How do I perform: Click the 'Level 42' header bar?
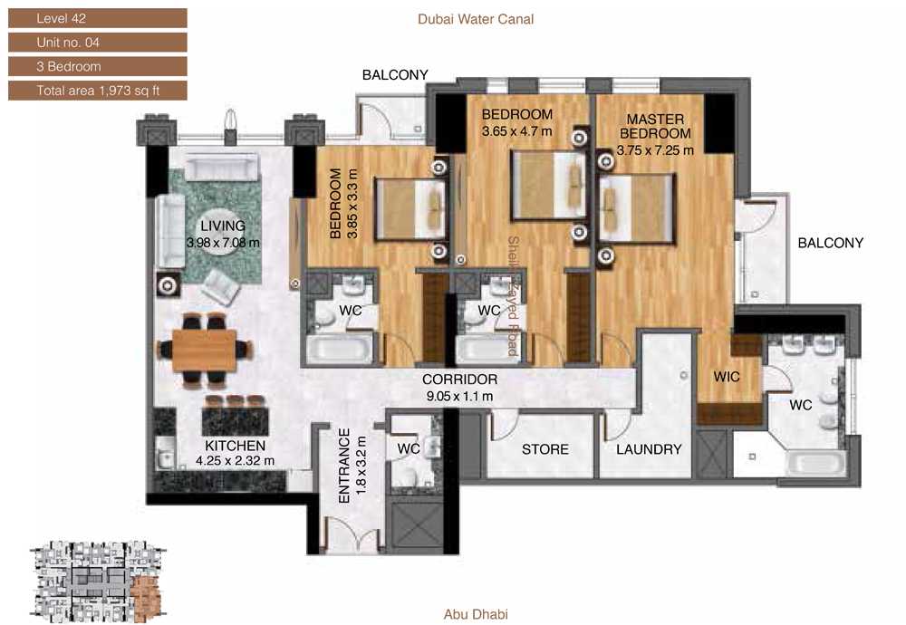[97, 18]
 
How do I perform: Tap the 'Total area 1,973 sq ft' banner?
[97, 91]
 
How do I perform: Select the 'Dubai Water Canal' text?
[476, 19]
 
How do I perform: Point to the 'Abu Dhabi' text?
[476, 614]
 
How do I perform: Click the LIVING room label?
[223, 226]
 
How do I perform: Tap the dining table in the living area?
[205, 350]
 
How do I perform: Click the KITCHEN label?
[236, 446]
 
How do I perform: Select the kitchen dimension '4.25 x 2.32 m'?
[236, 461]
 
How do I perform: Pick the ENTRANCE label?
[344, 466]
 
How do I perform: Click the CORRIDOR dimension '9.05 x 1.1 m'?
[460, 396]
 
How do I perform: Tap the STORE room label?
[545, 449]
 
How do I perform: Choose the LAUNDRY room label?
[649, 449]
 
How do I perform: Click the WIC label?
[727, 377]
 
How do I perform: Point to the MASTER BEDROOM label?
[655, 127]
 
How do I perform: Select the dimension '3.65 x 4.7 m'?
[517, 131]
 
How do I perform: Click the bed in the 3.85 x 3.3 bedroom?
[410, 209]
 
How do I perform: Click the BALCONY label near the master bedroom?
[830, 243]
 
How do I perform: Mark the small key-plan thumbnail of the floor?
[98, 582]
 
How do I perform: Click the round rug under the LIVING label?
[223, 232]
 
